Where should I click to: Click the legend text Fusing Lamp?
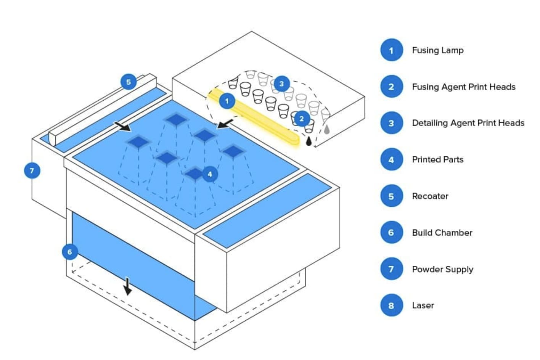pyautogui.click(x=437, y=50)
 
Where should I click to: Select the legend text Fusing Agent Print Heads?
pyautogui.click(x=463, y=87)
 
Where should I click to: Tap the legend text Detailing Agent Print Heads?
pyautogui.click(x=468, y=123)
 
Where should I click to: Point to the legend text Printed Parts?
pyautogui.click(x=437, y=159)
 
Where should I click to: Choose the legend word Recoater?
pyautogui.click(x=430, y=196)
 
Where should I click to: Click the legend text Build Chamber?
pyautogui.click(x=442, y=233)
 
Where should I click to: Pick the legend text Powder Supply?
pyautogui.click(x=442, y=269)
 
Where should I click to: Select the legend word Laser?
pyautogui.click(x=423, y=305)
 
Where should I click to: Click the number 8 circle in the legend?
pyautogui.click(x=391, y=305)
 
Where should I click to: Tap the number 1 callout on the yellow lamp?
pyautogui.click(x=227, y=101)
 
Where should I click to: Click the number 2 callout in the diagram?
pyautogui.click(x=302, y=119)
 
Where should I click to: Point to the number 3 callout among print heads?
pyautogui.click(x=281, y=84)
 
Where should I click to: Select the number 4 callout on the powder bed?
pyautogui.click(x=210, y=174)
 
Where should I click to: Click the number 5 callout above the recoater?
pyautogui.click(x=129, y=82)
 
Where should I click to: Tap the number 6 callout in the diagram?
pyautogui.click(x=69, y=252)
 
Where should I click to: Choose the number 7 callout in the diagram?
pyautogui.click(x=32, y=170)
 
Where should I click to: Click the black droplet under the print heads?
pyautogui.click(x=309, y=141)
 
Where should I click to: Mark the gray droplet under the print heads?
pyautogui.click(x=326, y=129)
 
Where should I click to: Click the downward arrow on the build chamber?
pyautogui.click(x=128, y=287)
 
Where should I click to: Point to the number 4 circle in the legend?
pyautogui.click(x=391, y=159)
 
